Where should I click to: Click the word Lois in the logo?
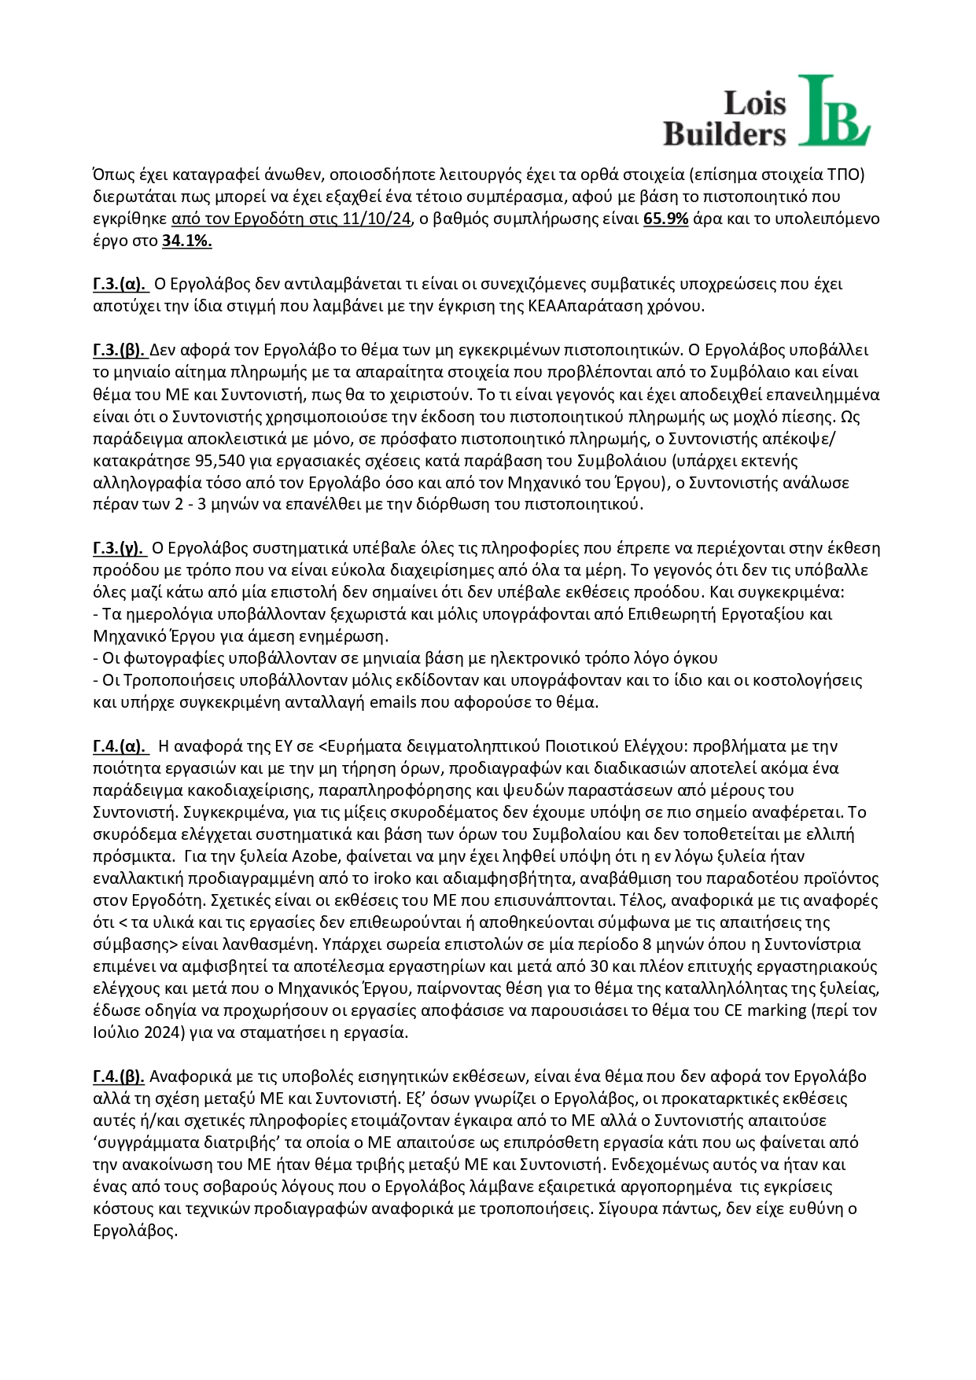pyautogui.click(x=754, y=102)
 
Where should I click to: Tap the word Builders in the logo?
pyautogui.click(x=724, y=133)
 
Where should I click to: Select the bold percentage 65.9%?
pyautogui.click(x=666, y=219)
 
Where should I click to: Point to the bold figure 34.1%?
pyautogui.click(x=187, y=241)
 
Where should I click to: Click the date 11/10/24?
pyautogui.click(x=378, y=219)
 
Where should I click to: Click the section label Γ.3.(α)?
pyautogui.click(x=120, y=284)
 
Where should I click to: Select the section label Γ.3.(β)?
pyautogui.click(x=119, y=350)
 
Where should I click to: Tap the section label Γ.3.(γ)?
pyautogui.click(x=119, y=548)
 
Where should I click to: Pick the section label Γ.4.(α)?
pyautogui.click(x=120, y=746)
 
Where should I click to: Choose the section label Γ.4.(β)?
pyautogui.click(x=119, y=1076)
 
